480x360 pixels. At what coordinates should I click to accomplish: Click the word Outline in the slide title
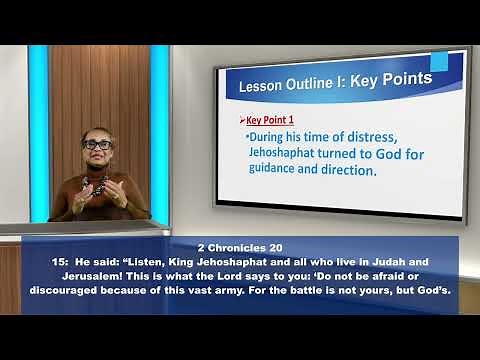pyautogui.click(x=306, y=86)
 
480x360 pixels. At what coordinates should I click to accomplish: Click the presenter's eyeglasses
pyautogui.click(x=97, y=145)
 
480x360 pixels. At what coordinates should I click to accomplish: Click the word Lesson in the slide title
pyautogui.click(x=258, y=88)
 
